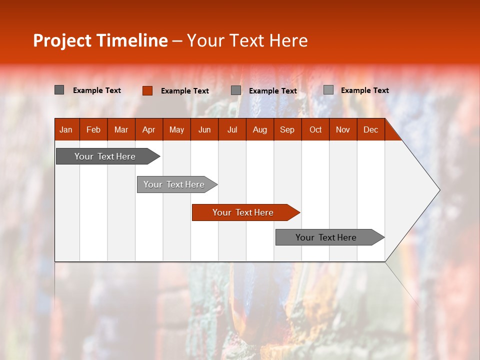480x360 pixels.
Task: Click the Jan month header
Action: pos(66,129)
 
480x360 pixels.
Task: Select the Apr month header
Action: pos(148,129)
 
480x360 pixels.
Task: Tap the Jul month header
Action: pos(232,129)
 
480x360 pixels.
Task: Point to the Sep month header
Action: pos(287,129)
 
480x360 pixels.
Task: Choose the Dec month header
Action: pos(370,129)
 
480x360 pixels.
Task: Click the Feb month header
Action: pos(93,129)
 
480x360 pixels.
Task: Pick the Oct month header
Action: pos(315,129)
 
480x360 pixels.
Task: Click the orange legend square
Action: pos(147,90)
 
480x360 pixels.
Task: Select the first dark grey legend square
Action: pos(59,90)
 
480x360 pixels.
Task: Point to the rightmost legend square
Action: pos(328,90)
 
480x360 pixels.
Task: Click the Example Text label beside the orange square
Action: pos(185,91)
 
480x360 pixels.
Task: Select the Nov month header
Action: pos(343,129)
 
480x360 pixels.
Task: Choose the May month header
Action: pos(176,129)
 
